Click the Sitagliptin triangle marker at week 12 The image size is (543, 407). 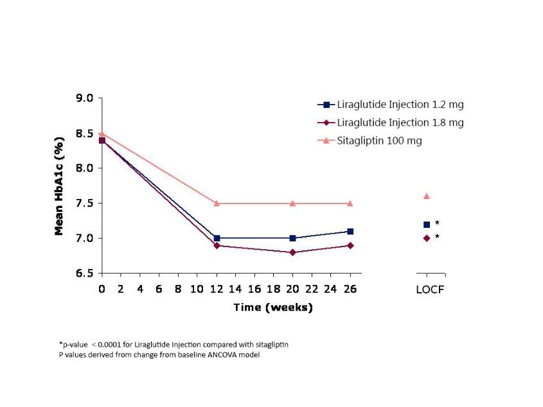pyautogui.click(x=217, y=203)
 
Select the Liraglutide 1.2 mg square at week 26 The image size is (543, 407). pyautogui.click(x=350, y=231)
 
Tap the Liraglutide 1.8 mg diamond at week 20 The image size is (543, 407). pyautogui.click(x=293, y=252)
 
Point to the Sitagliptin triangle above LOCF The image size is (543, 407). pyautogui.click(x=427, y=196)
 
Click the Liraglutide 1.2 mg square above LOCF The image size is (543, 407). pyautogui.click(x=427, y=224)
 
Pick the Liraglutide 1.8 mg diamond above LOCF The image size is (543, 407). pyautogui.click(x=427, y=238)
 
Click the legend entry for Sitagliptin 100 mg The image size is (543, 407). pyautogui.click(x=379, y=141)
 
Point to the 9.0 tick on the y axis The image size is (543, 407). pyautogui.click(x=85, y=98)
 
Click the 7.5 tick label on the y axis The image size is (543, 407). pyautogui.click(x=85, y=203)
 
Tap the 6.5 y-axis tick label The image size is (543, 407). pyautogui.click(x=85, y=273)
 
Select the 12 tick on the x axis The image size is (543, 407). pyautogui.click(x=217, y=289)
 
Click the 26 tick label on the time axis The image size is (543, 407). pyautogui.click(x=350, y=289)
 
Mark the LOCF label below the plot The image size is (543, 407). pyautogui.click(x=430, y=290)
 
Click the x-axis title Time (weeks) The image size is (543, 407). pyautogui.click(x=272, y=307)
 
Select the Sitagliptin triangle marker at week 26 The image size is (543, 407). pyautogui.click(x=350, y=203)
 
